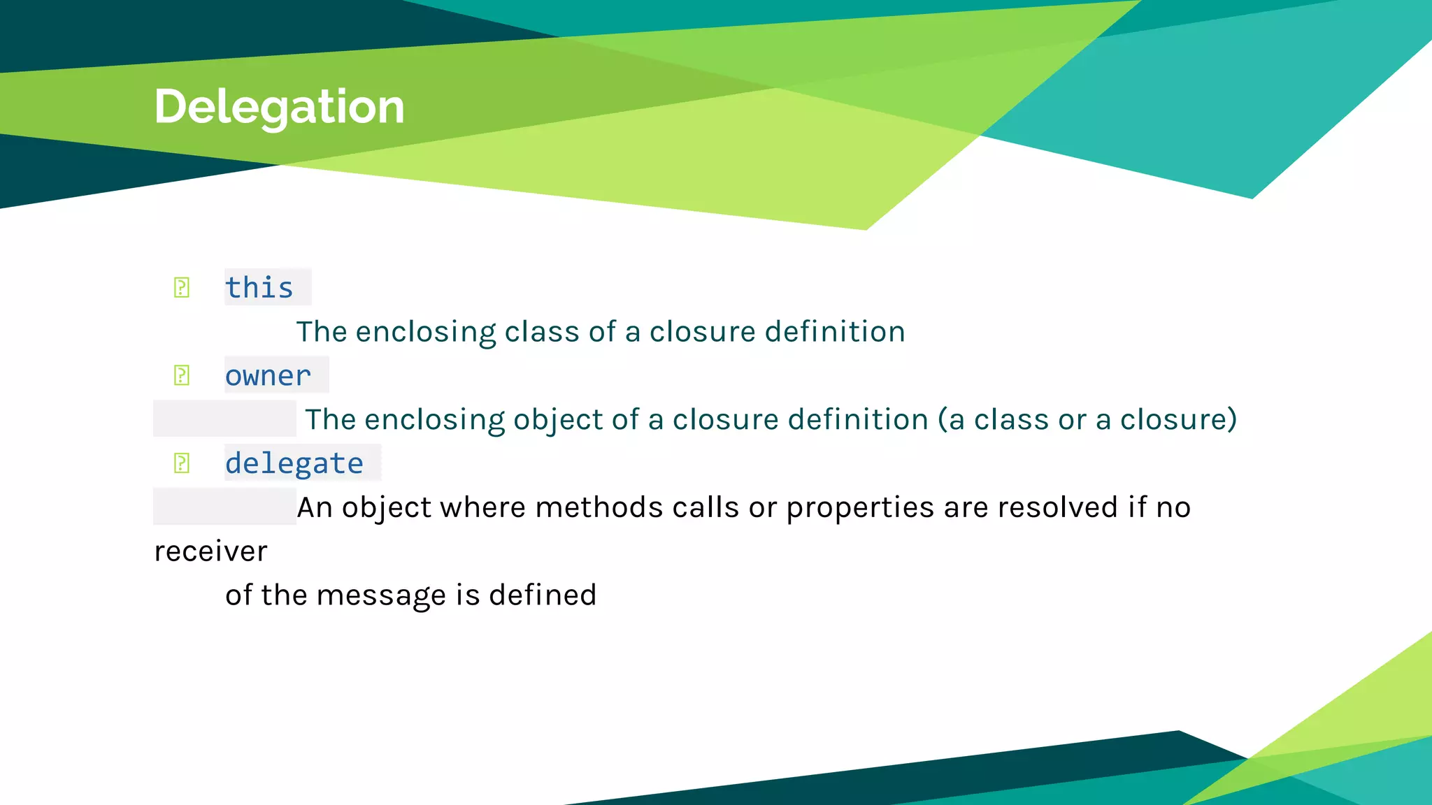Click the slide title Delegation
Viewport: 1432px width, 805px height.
279,106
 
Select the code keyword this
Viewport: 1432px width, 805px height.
259,287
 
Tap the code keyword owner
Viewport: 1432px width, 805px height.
268,375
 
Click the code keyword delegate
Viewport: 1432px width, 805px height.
294,463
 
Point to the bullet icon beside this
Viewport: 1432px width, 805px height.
182,287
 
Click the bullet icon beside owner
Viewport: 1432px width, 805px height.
182,375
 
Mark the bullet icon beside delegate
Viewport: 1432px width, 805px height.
182,463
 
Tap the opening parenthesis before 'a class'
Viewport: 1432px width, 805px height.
942,419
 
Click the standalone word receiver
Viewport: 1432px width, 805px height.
210,551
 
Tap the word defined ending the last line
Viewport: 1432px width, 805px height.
542,595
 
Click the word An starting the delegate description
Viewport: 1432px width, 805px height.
314,507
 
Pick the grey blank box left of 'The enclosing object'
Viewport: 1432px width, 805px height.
224,419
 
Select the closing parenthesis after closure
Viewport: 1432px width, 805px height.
1231,419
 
